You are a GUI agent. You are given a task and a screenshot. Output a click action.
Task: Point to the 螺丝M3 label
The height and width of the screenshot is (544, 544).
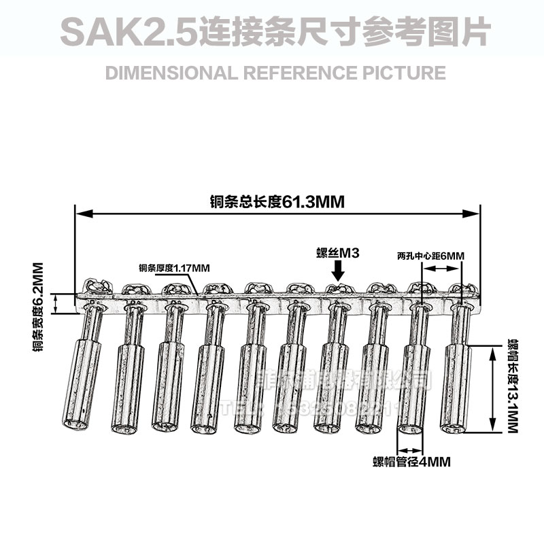point(337,253)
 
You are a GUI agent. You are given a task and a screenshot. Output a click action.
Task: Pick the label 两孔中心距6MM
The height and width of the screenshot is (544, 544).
point(430,256)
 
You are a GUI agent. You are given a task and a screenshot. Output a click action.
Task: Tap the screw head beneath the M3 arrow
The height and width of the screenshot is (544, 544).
point(338,290)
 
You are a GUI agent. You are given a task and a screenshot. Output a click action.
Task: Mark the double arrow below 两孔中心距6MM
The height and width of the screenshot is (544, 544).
point(443,269)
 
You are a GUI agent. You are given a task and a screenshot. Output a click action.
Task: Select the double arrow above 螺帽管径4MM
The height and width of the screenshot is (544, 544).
point(411,449)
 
